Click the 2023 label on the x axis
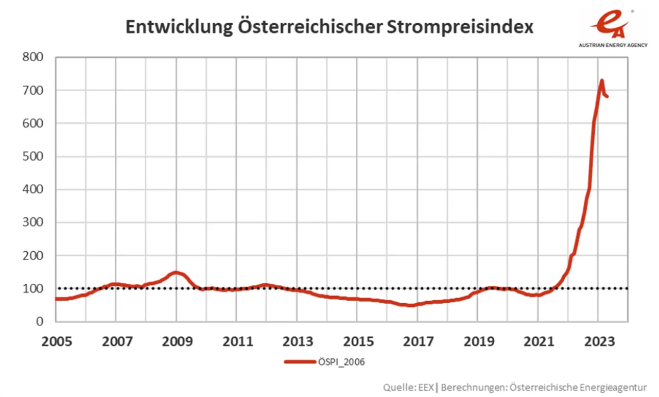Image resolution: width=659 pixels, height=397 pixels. click(598, 342)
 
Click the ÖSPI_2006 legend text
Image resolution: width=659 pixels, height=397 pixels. click(342, 362)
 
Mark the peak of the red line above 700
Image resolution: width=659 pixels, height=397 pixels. click(601, 81)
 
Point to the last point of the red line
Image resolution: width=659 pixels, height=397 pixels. click(608, 96)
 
